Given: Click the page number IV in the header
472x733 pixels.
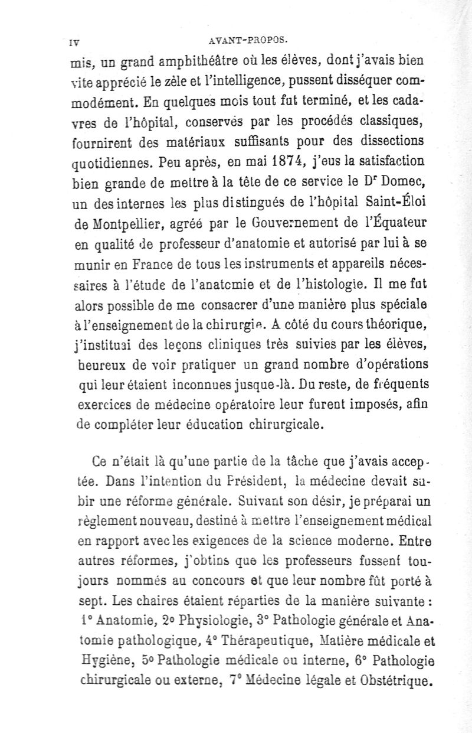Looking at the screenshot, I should click(x=74, y=43).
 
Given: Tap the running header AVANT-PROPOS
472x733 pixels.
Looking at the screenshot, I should click(x=248, y=41).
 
